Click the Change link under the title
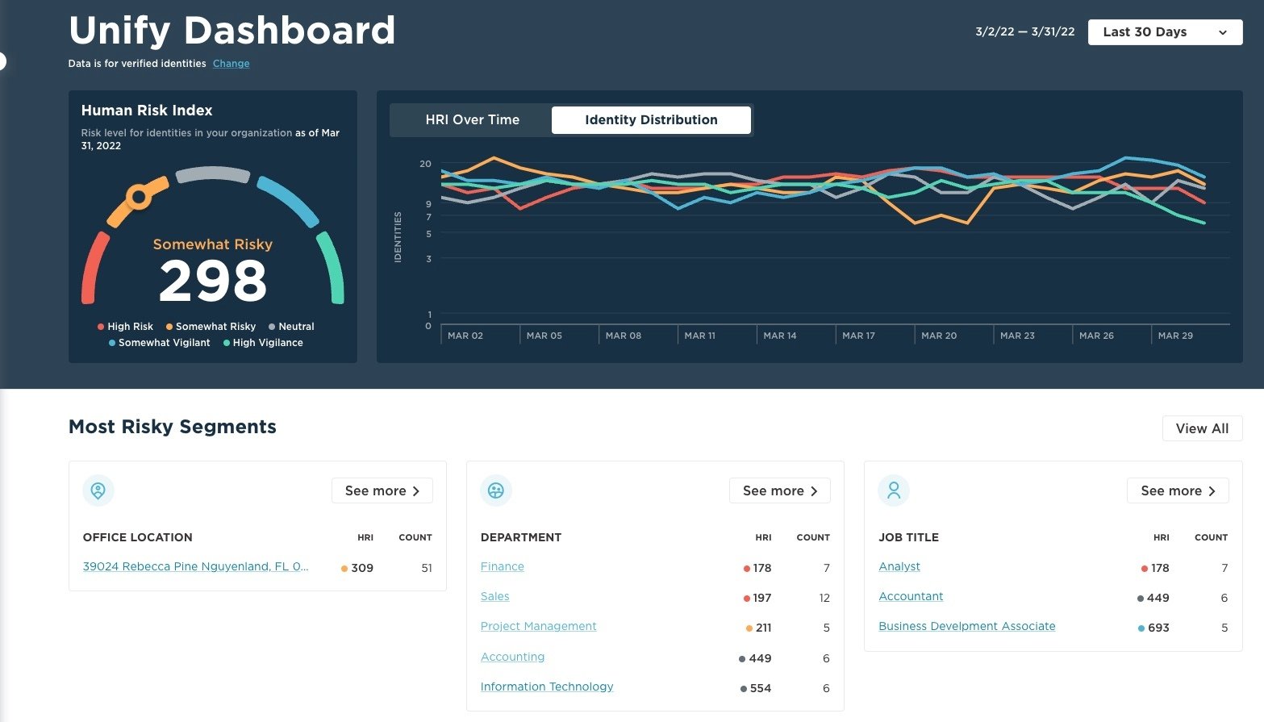231,64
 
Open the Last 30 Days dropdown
1164,32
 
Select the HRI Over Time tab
472,120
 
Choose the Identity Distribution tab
651,120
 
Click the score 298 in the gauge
213,282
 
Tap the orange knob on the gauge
139,196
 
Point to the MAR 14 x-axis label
779,336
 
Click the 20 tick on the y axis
425,164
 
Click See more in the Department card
779,490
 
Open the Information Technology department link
546,687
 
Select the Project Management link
538,626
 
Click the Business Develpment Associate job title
966,626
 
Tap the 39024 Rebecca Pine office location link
195,566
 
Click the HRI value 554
760,688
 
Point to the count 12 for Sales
824,598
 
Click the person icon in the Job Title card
894,490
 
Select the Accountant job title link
911,596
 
